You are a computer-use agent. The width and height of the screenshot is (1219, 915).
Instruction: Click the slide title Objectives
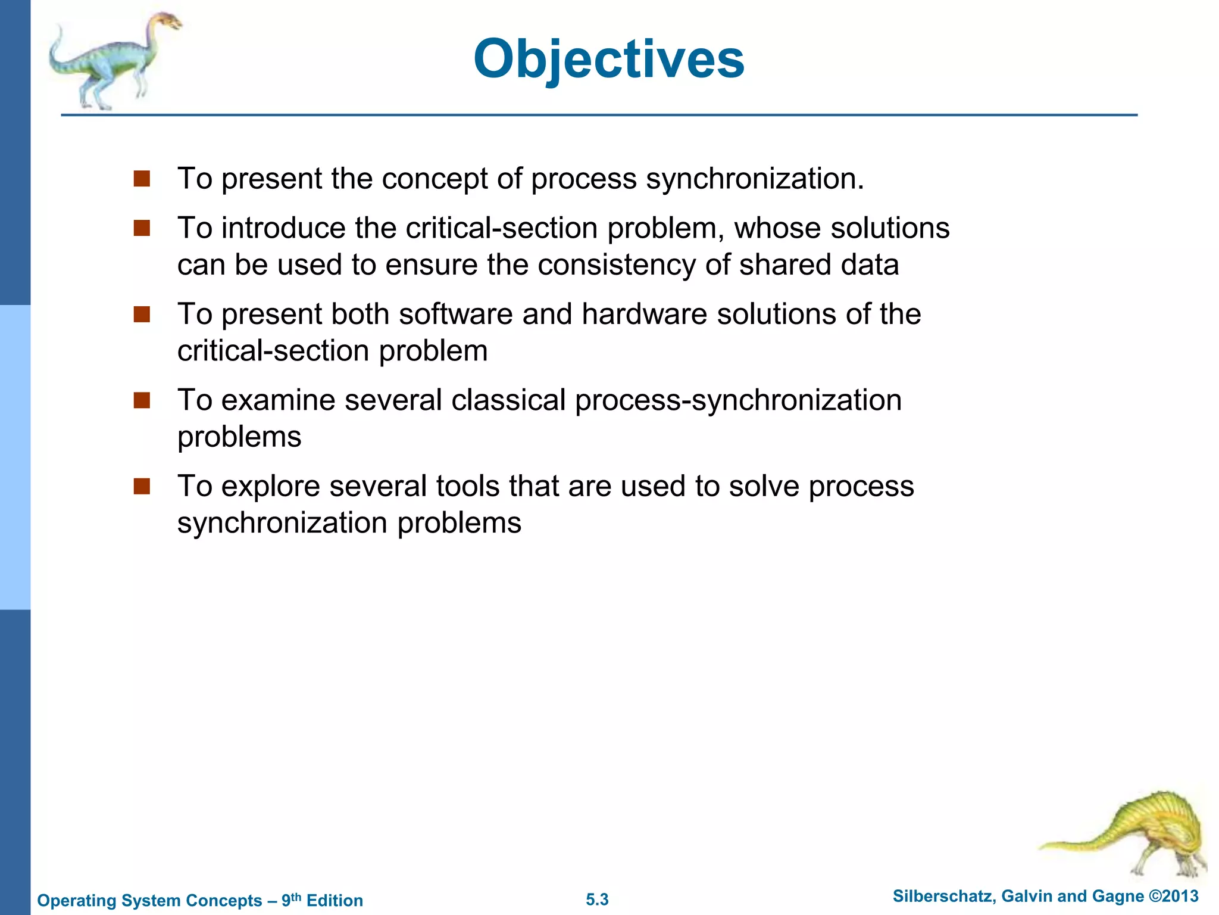tap(608, 59)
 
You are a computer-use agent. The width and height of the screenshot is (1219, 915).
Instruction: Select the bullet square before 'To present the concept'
tap(142, 179)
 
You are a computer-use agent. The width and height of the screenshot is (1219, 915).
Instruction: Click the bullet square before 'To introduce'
tap(142, 228)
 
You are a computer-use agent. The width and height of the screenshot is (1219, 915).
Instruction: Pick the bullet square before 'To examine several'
tap(142, 400)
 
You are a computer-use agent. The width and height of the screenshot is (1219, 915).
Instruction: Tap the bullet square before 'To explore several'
tap(142, 486)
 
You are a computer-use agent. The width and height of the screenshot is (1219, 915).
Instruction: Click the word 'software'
tap(455, 314)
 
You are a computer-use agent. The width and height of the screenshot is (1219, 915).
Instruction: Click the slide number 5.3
tap(597, 900)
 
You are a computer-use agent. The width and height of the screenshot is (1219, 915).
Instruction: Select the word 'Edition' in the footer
tap(335, 901)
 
